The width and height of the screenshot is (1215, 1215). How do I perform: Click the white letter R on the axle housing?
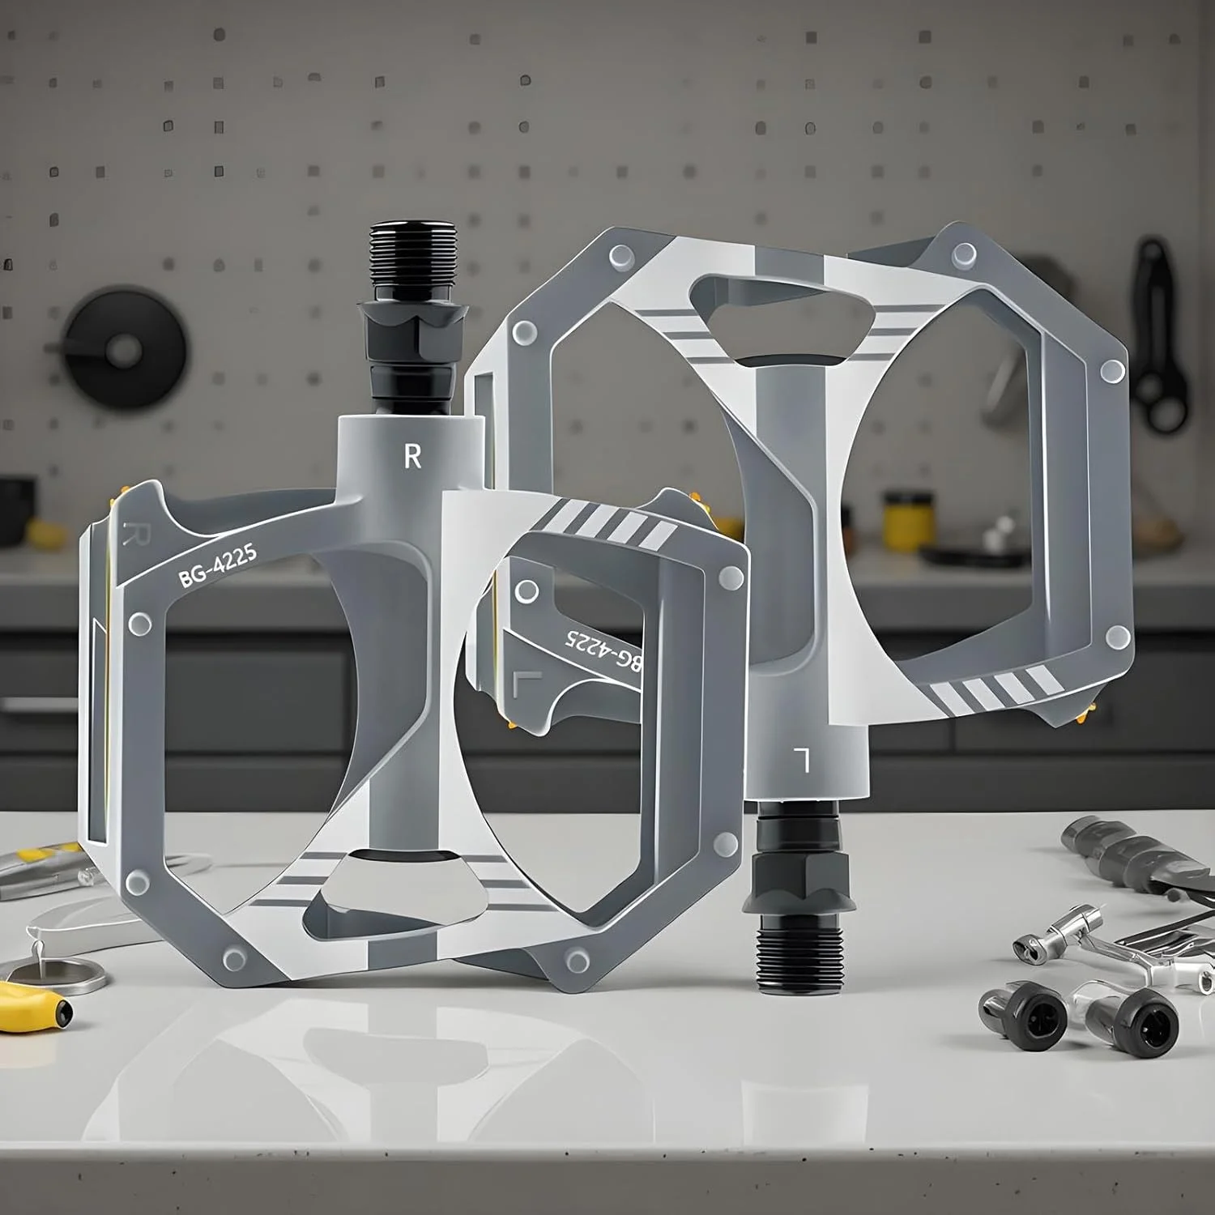(412, 457)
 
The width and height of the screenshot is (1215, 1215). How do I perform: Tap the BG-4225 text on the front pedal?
(218, 565)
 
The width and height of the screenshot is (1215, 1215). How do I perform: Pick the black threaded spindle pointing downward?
(791, 958)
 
